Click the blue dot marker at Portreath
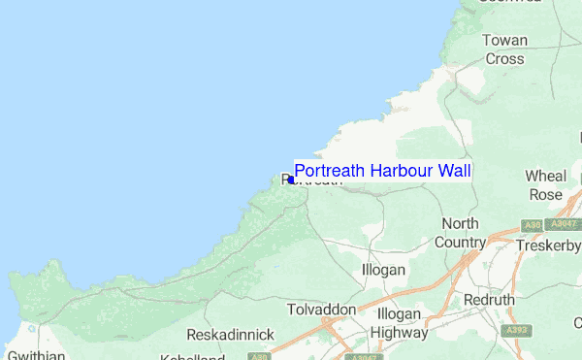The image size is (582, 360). [x=291, y=180]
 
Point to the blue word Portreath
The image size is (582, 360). [x=330, y=172]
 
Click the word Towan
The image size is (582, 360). [x=504, y=41]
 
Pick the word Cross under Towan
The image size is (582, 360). [x=504, y=58]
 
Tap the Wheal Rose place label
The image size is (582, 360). [x=544, y=184]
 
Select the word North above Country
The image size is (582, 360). [x=460, y=224]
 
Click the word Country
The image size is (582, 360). [x=460, y=242]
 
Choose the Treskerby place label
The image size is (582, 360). [x=547, y=246]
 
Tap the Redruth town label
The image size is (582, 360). [x=490, y=301]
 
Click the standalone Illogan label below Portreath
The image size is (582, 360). [x=382, y=269]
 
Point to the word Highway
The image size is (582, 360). [x=402, y=333]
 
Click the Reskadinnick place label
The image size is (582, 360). [x=230, y=335]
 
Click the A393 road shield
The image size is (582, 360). [x=518, y=330]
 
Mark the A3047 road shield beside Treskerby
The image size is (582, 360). [x=563, y=224]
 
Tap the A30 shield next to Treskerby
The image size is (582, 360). [x=530, y=225]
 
